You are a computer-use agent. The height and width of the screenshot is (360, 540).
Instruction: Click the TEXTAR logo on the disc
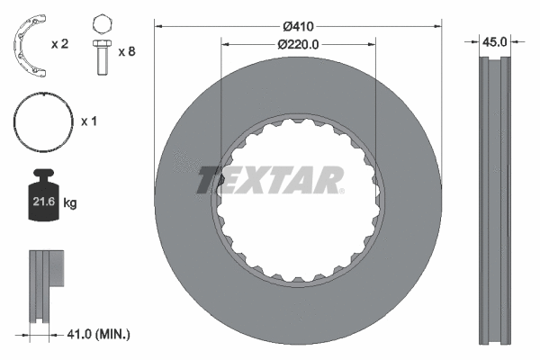pos(270,180)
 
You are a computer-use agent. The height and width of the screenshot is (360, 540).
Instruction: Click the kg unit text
pos(70,204)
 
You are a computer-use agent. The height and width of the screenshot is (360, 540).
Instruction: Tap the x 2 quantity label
pos(61,44)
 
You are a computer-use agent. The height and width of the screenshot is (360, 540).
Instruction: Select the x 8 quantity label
pos(127,52)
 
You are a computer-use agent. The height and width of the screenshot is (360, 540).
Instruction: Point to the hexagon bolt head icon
pos(101,23)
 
